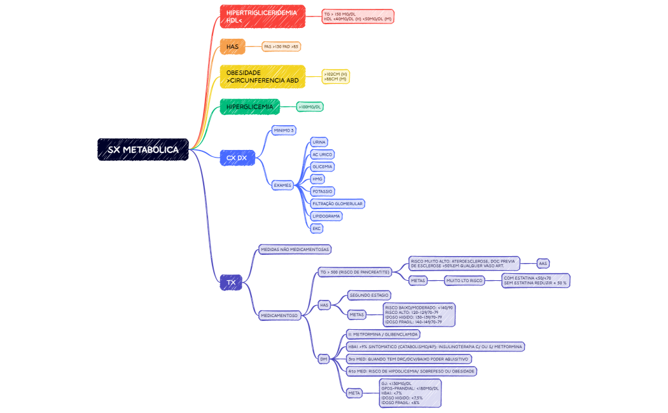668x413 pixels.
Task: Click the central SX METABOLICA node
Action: coord(143,150)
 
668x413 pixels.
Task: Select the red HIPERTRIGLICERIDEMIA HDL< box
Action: coord(262,17)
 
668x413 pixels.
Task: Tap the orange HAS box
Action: coord(232,46)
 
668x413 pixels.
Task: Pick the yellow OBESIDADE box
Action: coord(262,77)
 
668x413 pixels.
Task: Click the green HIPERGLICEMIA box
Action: coord(250,107)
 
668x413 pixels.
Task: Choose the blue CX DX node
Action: coord(237,158)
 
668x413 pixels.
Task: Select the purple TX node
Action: coord(231,282)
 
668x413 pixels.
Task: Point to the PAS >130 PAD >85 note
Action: coord(281,46)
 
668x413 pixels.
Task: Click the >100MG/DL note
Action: coord(310,107)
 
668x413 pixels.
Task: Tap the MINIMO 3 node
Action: coord(284,130)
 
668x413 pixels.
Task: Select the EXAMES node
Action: coord(282,186)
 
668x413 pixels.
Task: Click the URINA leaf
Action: coord(319,142)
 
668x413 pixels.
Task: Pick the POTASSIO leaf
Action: coord(323,191)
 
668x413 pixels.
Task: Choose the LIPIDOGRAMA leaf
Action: coord(326,216)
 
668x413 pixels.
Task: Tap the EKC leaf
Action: coord(316,228)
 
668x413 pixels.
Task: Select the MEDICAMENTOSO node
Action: coord(279,315)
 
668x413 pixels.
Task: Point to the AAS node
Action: coord(543,263)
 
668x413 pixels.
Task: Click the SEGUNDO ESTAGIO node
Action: coord(370,295)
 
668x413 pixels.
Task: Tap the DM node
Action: coord(324,359)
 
